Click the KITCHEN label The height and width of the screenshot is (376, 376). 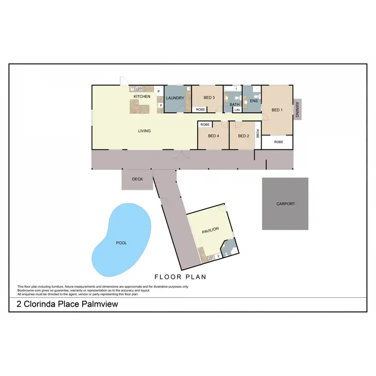click(x=141, y=96)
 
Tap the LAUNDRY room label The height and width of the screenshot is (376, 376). click(x=175, y=98)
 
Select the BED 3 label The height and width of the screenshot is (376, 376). click(x=209, y=98)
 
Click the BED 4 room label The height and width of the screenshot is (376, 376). click(x=213, y=136)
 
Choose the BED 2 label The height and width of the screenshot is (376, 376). click(x=244, y=136)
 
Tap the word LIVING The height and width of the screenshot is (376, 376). click(x=144, y=131)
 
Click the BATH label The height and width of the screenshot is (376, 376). click(x=235, y=104)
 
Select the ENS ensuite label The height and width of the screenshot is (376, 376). click(x=254, y=101)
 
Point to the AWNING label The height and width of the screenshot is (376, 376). click(x=297, y=110)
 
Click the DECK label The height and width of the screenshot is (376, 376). click(x=137, y=179)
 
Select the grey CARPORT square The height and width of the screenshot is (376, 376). click(x=286, y=204)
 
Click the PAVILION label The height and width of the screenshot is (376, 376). click(x=211, y=231)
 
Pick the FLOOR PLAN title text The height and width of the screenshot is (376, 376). click(x=180, y=277)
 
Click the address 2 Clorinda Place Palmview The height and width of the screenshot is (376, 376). click(x=64, y=304)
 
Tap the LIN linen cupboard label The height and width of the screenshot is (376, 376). click(x=237, y=110)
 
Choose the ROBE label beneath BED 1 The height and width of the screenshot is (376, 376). click(x=279, y=142)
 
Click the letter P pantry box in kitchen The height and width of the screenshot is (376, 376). click(x=159, y=92)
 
